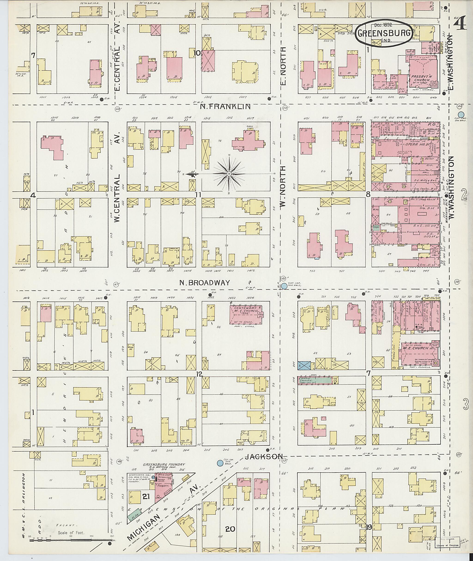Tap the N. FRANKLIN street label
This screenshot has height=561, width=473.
pyautogui.click(x=225, y=107)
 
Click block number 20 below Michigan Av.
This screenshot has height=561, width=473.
pyautogui.click(x=230, y=529)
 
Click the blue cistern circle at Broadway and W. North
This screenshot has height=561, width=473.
pyautogui.click(x=284, y=286)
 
